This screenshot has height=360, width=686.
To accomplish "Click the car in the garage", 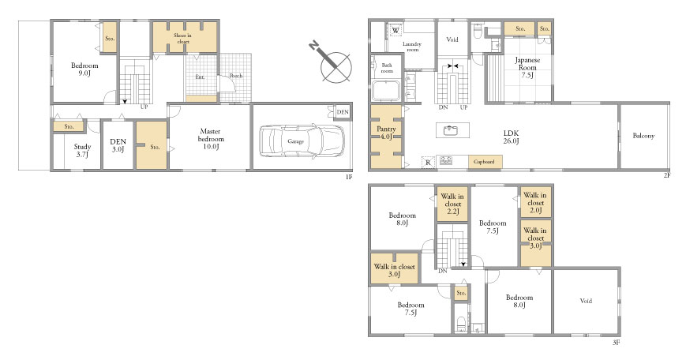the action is coord(302,141).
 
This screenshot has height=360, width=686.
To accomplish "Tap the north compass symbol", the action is coord(332,62).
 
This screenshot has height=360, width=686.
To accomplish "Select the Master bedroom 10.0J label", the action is coord(211,139).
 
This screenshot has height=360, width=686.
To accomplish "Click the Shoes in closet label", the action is coord(183,38).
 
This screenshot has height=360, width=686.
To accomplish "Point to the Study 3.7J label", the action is coord(82,151).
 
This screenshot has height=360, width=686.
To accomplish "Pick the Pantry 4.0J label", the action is coord(386,133).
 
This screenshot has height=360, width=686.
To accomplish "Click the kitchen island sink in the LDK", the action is coord(450,130).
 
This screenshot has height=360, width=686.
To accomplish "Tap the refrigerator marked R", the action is coord(427,163).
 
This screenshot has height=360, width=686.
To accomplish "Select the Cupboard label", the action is coord(485,162).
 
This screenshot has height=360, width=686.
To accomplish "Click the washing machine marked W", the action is coord(395,30).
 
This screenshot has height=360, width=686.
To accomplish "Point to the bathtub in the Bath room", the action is coord(386,91).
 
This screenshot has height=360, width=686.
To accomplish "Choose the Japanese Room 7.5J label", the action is coord(527,67).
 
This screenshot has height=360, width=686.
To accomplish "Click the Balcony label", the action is coord(643,136).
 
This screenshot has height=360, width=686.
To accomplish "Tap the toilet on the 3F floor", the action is coord(461,324).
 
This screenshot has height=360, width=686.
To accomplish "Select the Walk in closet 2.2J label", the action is coord(452,204).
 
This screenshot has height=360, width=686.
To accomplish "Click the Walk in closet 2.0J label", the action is coord(535,203).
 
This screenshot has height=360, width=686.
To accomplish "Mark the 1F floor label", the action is coord(349,177).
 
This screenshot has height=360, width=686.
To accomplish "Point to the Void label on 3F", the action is coord(586,301).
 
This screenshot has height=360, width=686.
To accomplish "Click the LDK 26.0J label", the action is coord(511,137).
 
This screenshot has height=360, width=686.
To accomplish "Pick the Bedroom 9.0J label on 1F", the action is coord(84,69).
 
